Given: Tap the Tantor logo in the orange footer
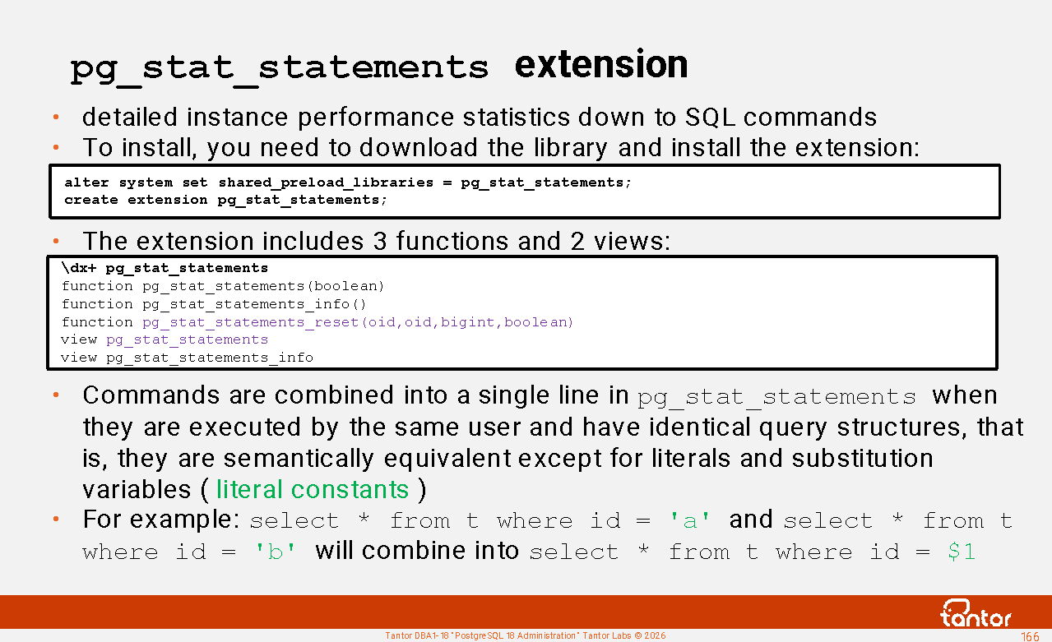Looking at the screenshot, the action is point(976,613).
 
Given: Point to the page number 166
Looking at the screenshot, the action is point(1030,636).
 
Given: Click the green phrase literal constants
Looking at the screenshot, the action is point(313,489).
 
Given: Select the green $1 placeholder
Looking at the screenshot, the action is point(962,552).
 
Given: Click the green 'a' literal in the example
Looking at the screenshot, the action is point(690,520).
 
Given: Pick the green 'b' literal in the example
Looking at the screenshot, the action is point(276,552).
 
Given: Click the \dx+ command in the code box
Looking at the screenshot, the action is point(79,268).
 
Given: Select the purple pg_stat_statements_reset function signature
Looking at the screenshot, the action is point(358,322).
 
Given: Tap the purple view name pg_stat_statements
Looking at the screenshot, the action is point(187,339).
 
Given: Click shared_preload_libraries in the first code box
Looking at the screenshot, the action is point(326,182).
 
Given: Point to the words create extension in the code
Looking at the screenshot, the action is point(136,200).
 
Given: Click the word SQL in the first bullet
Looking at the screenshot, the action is point(710,118).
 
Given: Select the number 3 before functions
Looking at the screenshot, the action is point(380,241).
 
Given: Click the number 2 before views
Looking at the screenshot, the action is point(577,241).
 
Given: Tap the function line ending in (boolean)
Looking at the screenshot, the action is point(223,286).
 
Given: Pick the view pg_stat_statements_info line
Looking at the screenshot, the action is point(187,358).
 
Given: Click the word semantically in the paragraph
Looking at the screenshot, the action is point(299,459).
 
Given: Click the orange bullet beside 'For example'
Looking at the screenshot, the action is point(56,519).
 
